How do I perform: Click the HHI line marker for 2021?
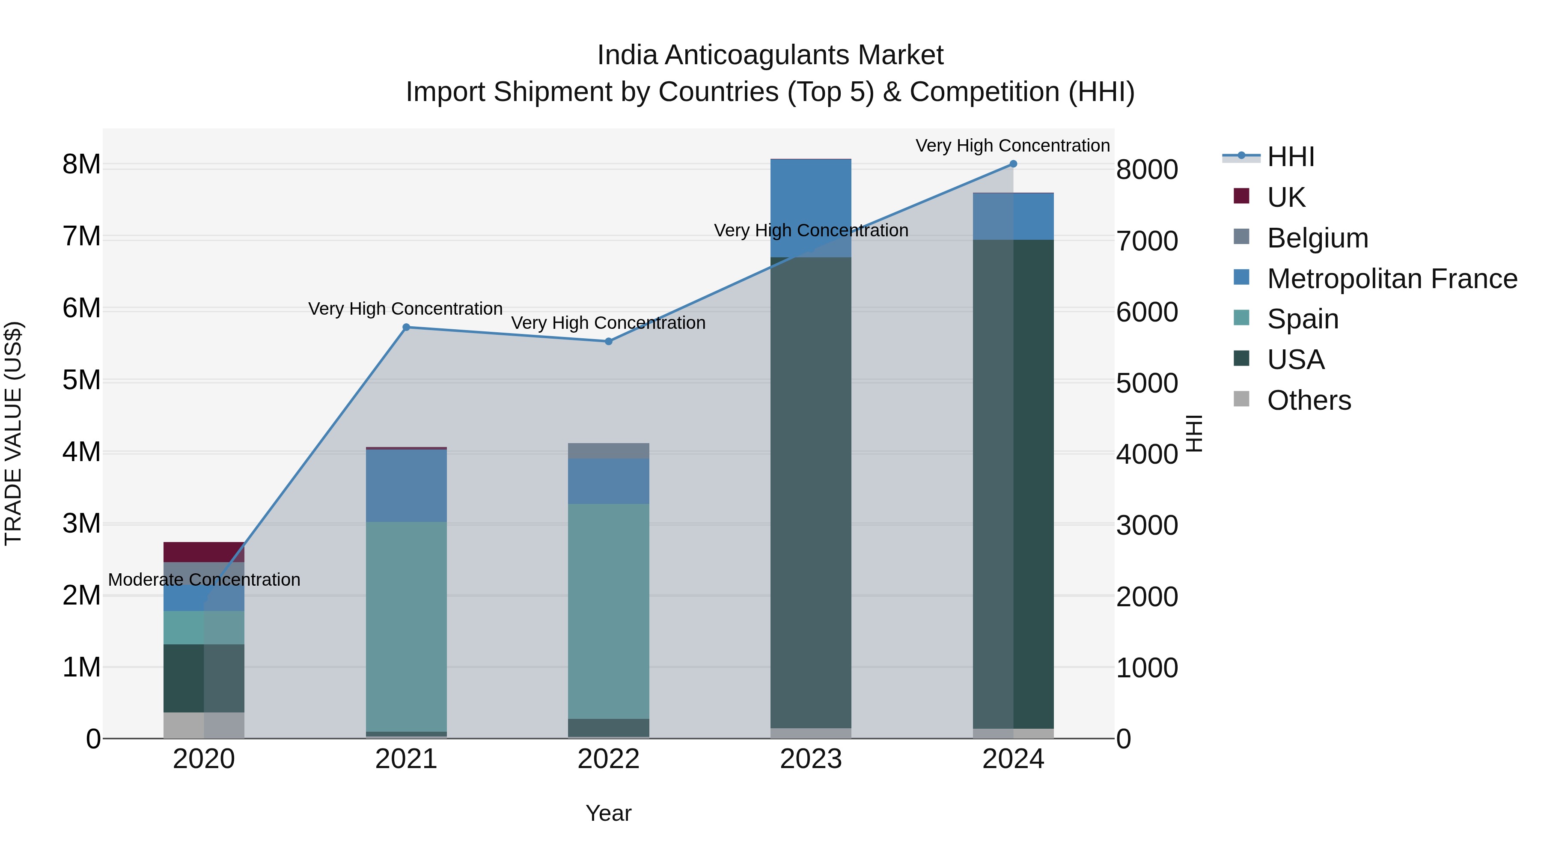[406, 327]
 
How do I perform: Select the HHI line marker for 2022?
[608, 342]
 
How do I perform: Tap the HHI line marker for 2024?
[1013, 164]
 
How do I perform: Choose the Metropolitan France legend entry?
[1392, 279]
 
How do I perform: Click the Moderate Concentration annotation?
[204, 580]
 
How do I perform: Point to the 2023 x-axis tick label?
[811, 759]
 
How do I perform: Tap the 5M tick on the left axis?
[81, 381]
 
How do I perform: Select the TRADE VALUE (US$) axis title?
[13, 433]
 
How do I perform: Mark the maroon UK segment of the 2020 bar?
[204, 552]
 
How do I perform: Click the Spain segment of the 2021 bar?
[406, 626]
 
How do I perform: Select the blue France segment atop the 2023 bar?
[811, 208]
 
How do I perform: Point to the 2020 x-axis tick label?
[204, 759]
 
